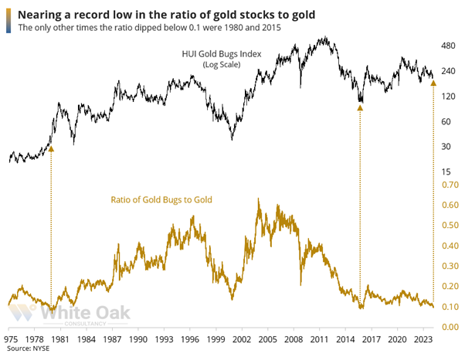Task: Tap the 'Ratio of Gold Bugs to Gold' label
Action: pyautogui.click(x=162, y=199)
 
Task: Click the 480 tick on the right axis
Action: pyautogui.click(x=442, y=47)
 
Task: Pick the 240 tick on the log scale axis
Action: pyautogui.click(x=442, y=72)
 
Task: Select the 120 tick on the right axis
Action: pyautogui.click(x=442, y=97)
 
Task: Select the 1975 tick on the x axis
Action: pyautogui.click(x=12, y=339)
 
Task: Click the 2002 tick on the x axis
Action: pyautogui.click(x=242, y=339)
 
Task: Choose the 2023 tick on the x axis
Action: pyautogui.click(x=421, y=339)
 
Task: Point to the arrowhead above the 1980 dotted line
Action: pyautogui.click(x=52, y=147)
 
